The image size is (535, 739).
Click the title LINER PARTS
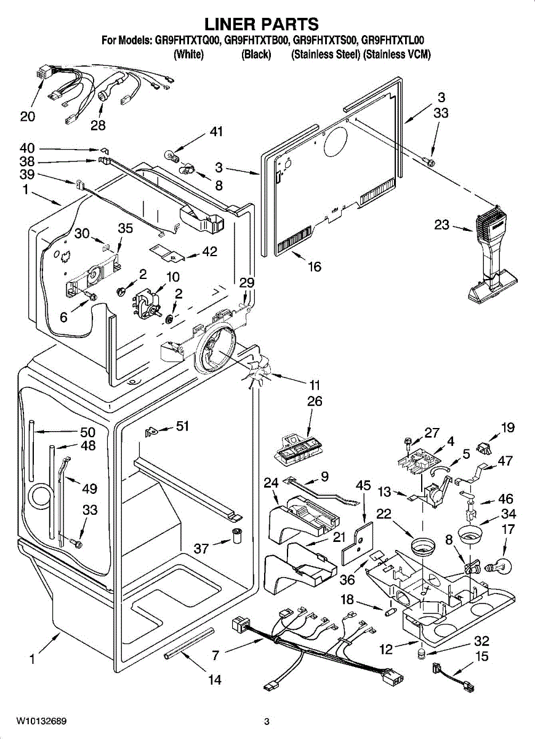[262, 25]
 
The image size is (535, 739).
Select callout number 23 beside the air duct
[441, 225]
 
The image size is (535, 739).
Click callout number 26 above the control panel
[314, 402]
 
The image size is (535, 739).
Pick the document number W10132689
[42, 721]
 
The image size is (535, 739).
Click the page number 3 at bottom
[267, 721]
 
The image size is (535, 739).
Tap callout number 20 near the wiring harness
[28, 116]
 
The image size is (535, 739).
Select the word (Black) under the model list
[256, 54]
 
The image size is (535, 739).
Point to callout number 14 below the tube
[214, 680]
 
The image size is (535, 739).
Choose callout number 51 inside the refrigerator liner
[182, 426]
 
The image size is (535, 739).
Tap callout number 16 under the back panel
[314, 267]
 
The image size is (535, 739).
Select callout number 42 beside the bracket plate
[209, 251]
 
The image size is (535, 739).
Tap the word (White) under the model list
[189, 54]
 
